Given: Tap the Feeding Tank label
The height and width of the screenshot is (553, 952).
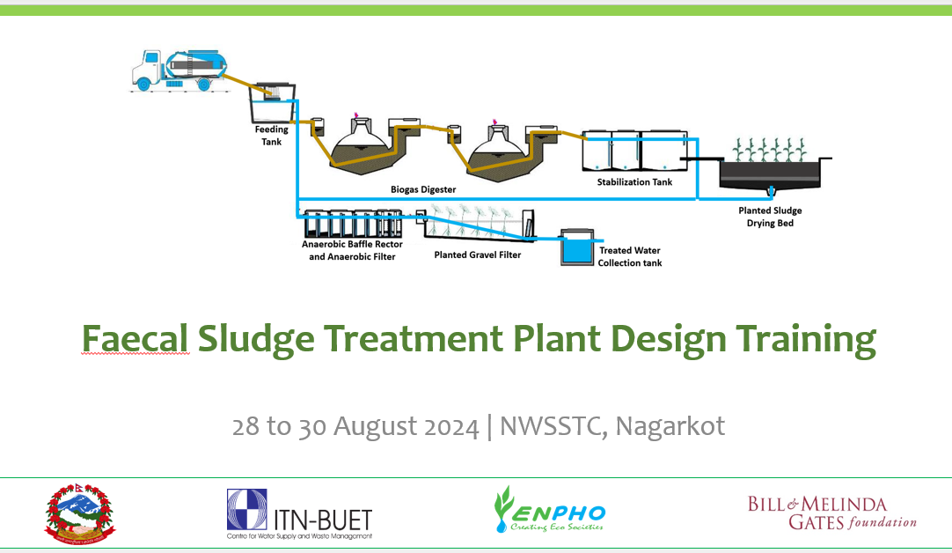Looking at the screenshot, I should [x=272, y=136].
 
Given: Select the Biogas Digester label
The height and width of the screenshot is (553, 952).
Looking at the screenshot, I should [x=423, y=189].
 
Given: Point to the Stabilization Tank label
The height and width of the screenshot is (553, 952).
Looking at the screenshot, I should [x=634, y=182].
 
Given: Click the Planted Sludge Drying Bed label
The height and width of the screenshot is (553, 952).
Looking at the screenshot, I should [x=770, y=217].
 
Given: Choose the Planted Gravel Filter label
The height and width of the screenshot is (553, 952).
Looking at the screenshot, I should [x=478, y=255].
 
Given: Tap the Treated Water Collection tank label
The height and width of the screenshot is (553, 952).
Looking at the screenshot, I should [x=629, y=257].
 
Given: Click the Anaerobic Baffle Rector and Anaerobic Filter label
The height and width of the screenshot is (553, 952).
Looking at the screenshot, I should [x=352, y=250].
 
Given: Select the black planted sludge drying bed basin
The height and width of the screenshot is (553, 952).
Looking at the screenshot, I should [x=773, y=173].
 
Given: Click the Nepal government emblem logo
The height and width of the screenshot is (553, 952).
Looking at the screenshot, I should [x=80, y=512].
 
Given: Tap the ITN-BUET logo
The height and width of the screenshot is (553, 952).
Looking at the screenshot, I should [x=299, y=514].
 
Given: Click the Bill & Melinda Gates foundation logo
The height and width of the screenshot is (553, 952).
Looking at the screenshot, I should [x=831, y=512].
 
